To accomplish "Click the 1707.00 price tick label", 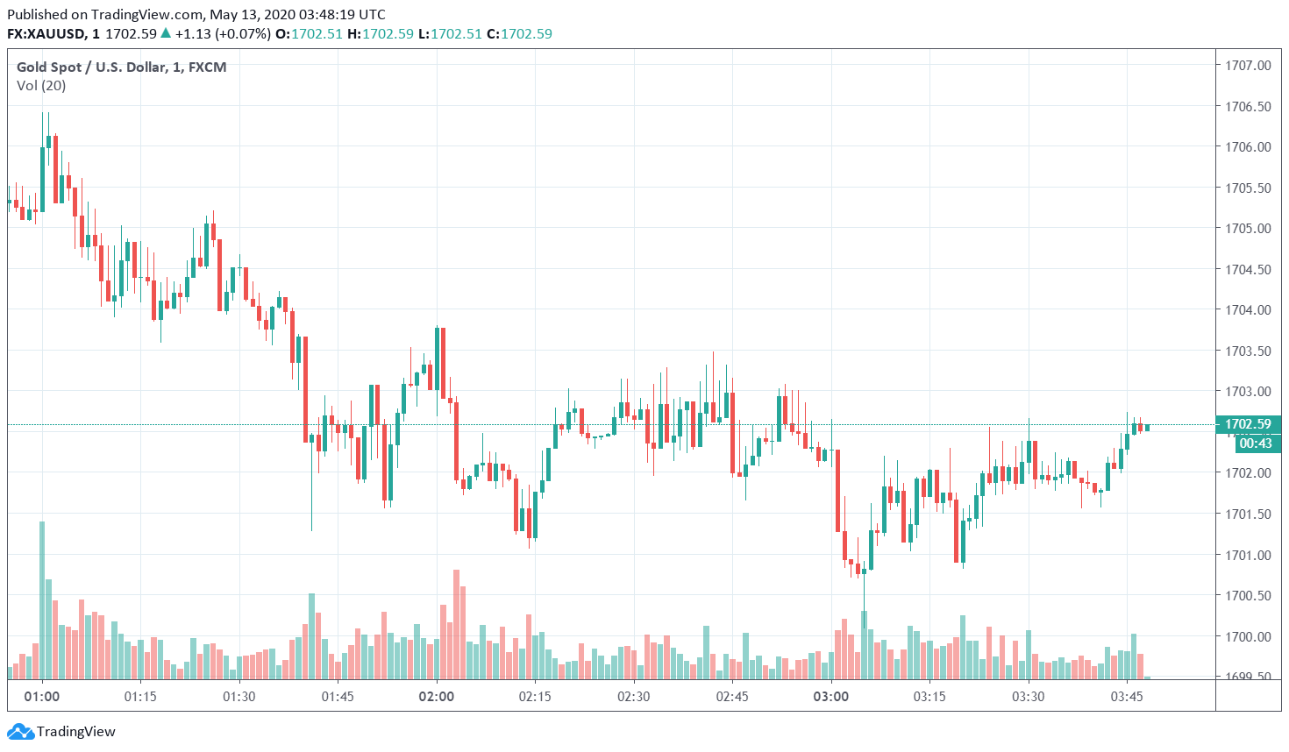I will [x=1248, y=65].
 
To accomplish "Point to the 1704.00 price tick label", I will [x=1248, y=309].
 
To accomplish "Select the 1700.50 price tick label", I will [x=1248, y=595].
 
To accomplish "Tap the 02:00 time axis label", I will [x=436, y=697].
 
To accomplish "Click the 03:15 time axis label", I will [x=929, y=697].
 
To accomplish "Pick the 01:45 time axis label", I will [x=338, y=697].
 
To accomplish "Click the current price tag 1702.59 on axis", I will [x=1248, y=424].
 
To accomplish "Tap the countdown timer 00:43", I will [x=1255, y=443].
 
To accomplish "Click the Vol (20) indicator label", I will [x=41, y=86].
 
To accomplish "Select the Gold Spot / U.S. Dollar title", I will [x=121, y=67].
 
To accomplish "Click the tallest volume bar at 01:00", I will [x=42, y=599].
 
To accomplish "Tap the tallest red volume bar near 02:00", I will [x=456, y=623].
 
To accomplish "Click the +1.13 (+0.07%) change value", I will [x=222, y=34].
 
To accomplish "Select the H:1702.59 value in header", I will [x=380, y=34].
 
